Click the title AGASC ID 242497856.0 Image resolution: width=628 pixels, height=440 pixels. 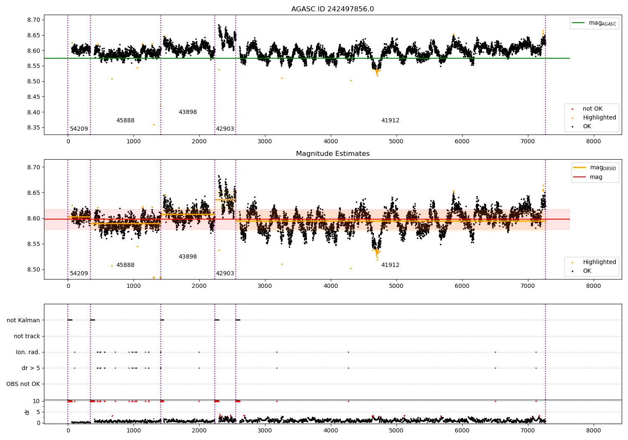point(332,9)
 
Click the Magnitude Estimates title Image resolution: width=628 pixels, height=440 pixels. point(332,154)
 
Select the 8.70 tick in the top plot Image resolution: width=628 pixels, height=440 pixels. point(34,20)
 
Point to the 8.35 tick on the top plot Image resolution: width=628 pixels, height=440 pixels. point(34,128)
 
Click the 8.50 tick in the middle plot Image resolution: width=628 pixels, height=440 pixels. point(34,270)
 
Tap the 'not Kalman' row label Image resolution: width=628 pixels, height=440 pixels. point(23,320)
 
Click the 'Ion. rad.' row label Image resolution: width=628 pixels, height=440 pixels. point(28,352)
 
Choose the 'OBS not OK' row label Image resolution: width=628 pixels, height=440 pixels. point(23,384)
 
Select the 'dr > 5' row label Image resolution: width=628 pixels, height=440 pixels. point(31,368)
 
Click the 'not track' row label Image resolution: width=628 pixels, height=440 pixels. point(27,336)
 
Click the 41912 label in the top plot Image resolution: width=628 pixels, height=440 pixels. point(390,121)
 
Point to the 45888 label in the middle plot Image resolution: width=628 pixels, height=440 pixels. point(125,265)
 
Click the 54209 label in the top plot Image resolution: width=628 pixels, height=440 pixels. point(79,129)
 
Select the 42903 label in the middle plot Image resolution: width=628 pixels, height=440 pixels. point(225,274)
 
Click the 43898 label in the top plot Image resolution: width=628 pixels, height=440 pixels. point(188,112)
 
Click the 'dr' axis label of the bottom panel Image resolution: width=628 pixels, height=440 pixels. point(27,412)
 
